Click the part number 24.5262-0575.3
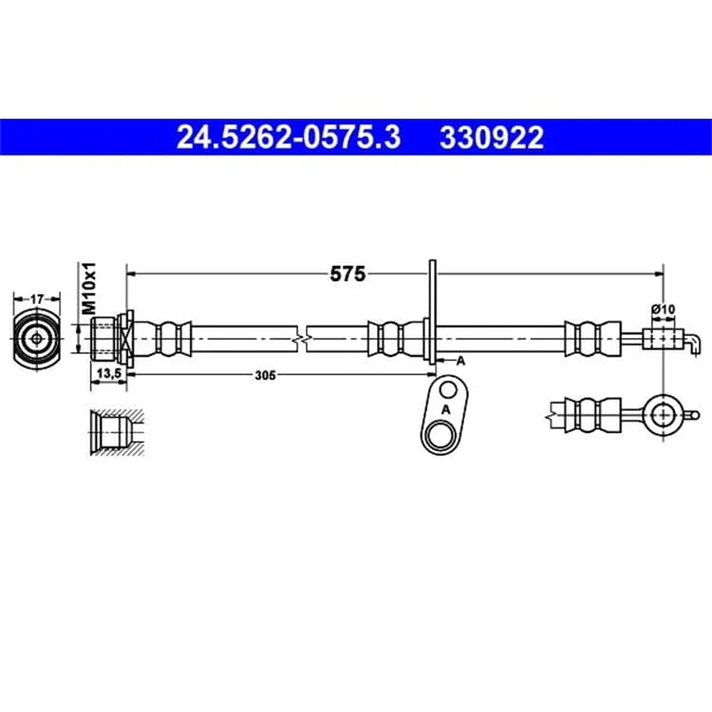click(289, 137)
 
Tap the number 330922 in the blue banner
click(492, 137)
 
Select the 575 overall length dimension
click(347, 273)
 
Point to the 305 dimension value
click(265, 375)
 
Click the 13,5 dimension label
click(108, 374)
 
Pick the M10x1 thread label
click(89, 288)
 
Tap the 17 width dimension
click(37, 299)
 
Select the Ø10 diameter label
click(663, 309)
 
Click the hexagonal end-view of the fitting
click(37, 339)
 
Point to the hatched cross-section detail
click(117, 433)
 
